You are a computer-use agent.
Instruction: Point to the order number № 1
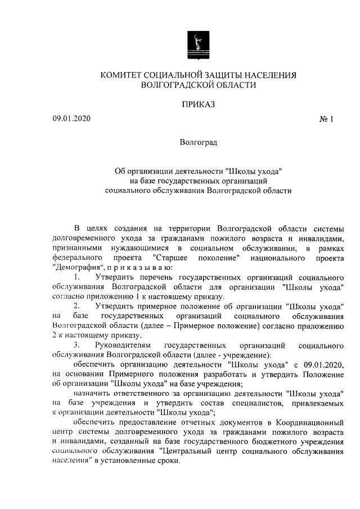326,119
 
